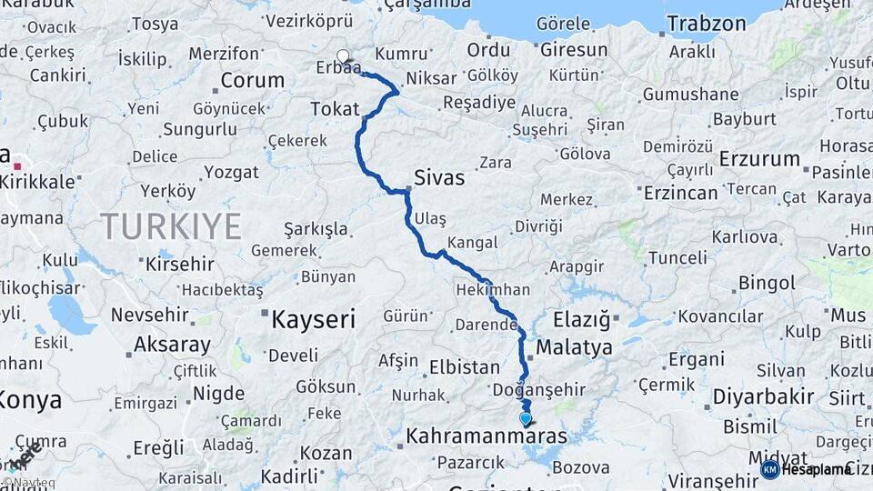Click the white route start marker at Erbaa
[343, 56]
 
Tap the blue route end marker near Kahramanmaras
[525, 418]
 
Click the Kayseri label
[314, 318]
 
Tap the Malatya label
[574, 347]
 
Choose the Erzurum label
[759, 158]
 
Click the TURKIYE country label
[171, 225]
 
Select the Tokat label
[335, 109]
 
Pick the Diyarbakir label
[763, 396]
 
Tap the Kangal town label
[473, 243]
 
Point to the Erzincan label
[681, 193]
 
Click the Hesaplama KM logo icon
[769, 469]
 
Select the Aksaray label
[172, 346]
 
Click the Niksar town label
[431, 78]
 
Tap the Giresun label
[574, 50]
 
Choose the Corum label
[252, 80]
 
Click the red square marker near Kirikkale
[17, 166]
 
